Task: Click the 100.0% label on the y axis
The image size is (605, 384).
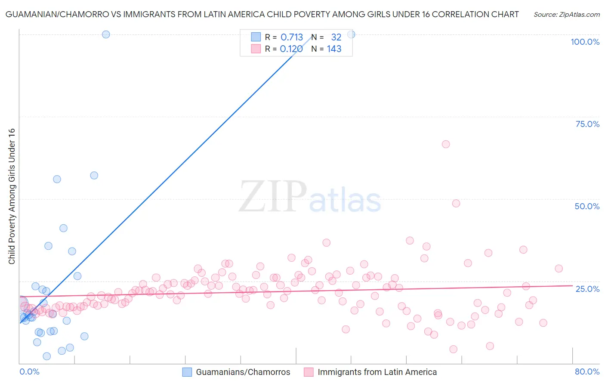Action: point(585,42)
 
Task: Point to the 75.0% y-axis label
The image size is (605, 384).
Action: point(587,124)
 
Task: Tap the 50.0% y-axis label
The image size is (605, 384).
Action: point(587,206)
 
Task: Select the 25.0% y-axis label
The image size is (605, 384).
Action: point(587,289)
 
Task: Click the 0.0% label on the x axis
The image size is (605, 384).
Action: point(29,372)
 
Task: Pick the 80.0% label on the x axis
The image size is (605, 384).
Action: point(587,372)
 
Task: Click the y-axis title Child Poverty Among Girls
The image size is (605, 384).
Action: point(12,196)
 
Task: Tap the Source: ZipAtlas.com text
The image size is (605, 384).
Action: point(567,15)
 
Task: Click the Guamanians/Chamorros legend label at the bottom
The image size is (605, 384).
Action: point(243,372)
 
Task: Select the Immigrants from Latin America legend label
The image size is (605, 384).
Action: point(377,372)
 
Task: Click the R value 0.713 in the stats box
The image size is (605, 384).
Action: point(292,37)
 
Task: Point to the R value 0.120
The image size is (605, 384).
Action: point(291,49)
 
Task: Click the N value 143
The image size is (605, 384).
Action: point(334,49)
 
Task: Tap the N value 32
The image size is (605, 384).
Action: point(336,37)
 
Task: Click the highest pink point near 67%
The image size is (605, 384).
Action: point(446,144)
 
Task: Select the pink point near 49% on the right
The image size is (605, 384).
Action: point(456,203)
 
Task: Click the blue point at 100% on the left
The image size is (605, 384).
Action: point(106,34)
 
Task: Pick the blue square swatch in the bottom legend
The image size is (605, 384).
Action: point(187,372)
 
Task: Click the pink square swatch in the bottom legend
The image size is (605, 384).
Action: point(309,372)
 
